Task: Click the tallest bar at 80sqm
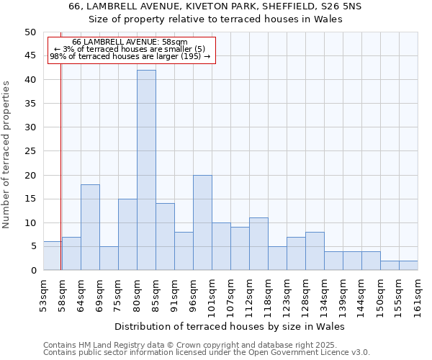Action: [x=146, y=170]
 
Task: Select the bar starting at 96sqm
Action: [x=202, y=222]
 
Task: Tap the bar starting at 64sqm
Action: [x=90, y=228]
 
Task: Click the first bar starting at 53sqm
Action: [x=53, y=256]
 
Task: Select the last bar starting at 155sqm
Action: [x=408, y=266]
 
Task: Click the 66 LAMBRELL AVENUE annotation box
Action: [x=130, y=49]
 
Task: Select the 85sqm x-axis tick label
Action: [x=156, y=294]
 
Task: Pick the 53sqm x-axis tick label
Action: [x=44, y=294]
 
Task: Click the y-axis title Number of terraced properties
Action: [x=6, y=154]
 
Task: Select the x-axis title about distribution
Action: [x=230, y=326]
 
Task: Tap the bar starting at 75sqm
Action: [x=127, y=235]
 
